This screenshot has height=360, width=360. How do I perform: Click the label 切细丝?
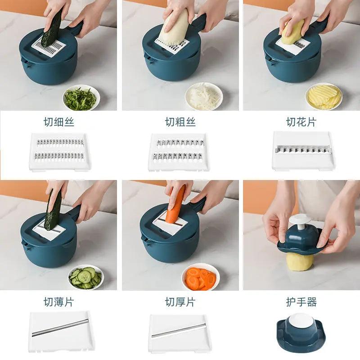(59, 122)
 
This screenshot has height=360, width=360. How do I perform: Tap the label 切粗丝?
(180, 122)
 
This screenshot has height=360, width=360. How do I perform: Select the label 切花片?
(301, 122)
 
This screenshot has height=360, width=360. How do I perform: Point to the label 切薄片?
(59, 302)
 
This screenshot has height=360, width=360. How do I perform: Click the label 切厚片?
(180, 302)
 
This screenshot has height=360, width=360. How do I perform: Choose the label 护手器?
(301, 302)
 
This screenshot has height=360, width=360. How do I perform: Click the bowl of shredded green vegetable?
(81, 98)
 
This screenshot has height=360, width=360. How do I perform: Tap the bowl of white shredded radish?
(204, 96)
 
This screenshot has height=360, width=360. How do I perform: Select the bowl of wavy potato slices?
(324, 96)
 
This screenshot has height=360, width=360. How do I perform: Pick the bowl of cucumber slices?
(86, 277)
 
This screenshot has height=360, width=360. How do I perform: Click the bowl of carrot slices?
(200, 277)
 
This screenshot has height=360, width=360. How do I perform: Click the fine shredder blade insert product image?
(60, 152)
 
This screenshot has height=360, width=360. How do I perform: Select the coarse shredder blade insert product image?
(178, 152)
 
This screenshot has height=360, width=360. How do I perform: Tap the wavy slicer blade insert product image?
(303, 151)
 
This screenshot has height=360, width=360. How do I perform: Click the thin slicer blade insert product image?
(62, 331)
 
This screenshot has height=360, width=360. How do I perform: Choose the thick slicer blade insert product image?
(180, 332)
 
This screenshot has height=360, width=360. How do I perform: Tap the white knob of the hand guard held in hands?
(300, 221)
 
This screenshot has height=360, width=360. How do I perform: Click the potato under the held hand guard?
(300, 261)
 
